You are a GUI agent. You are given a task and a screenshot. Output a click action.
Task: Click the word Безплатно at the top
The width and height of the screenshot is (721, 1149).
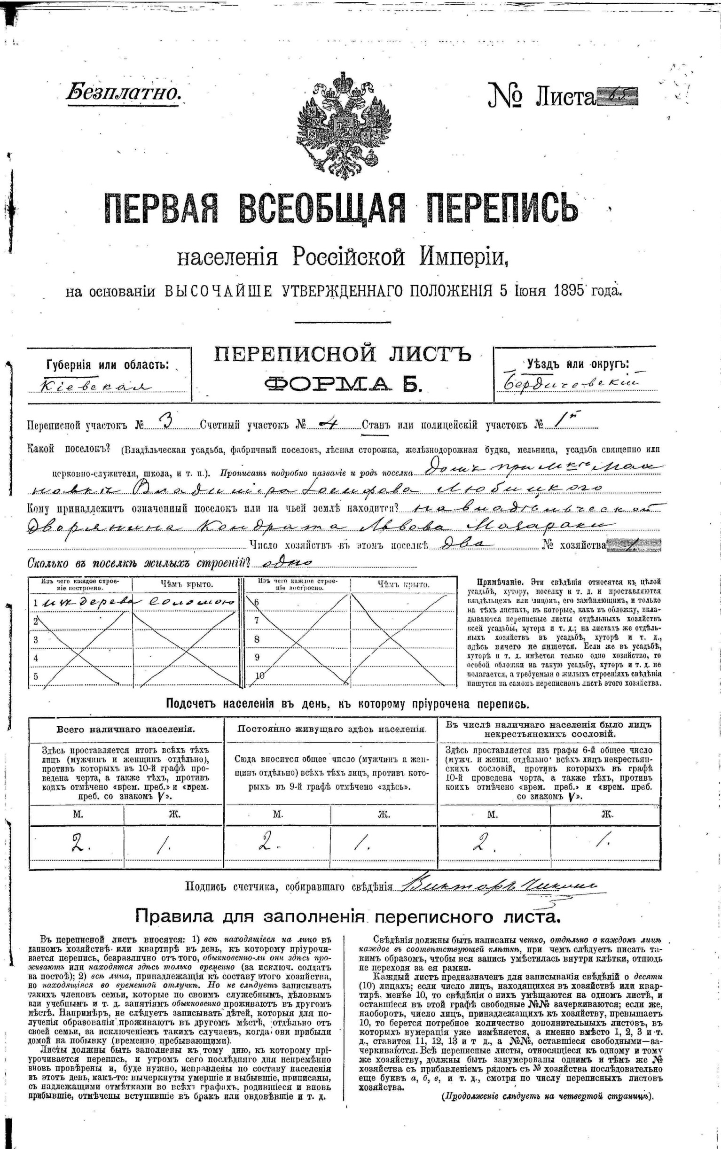124,92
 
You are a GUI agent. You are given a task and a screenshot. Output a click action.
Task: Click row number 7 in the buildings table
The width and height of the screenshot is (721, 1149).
257,621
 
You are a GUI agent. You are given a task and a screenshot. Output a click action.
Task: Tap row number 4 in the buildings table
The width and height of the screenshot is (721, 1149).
35,658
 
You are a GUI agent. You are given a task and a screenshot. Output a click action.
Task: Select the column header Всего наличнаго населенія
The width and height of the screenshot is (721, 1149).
125,729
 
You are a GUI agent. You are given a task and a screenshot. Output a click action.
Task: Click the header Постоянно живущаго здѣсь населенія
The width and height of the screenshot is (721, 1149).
331,729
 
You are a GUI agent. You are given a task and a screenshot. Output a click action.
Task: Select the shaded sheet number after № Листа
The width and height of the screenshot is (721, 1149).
617,97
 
